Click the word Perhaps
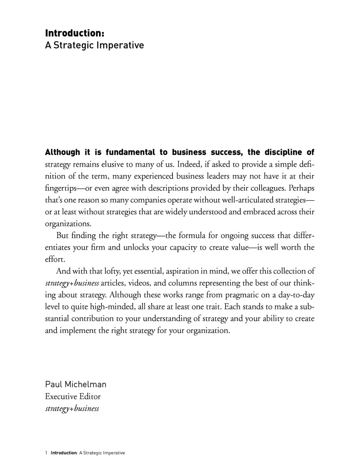(301, 188)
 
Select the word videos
(139, 283)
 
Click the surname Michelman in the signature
(85, 384)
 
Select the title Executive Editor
(73, 396)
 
